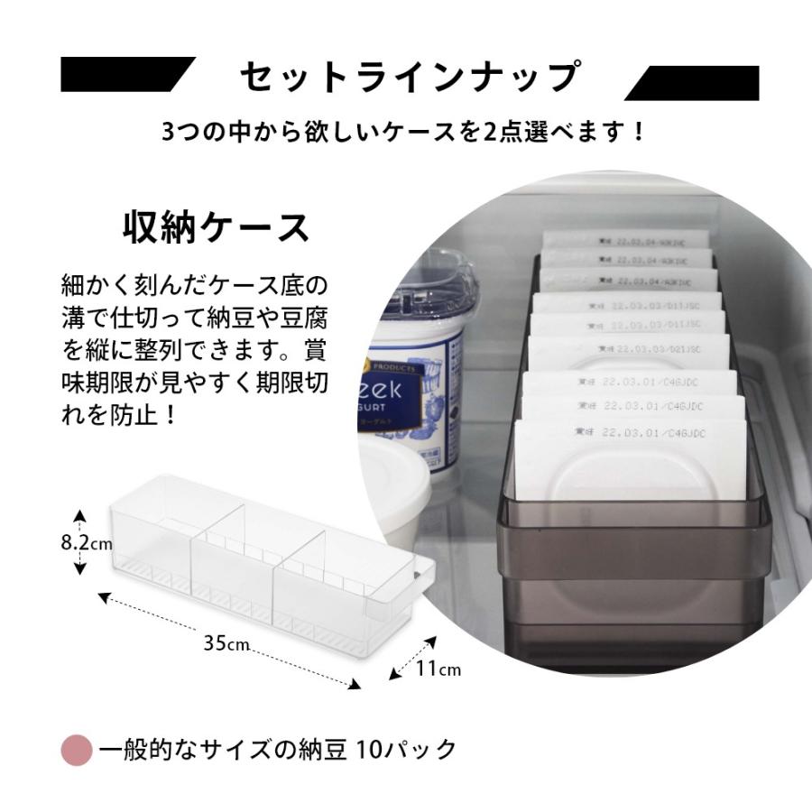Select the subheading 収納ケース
(x=216, y=227)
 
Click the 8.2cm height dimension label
(x=87, y=543)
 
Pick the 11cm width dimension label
(x=439, y=669)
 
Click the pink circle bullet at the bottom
(x=77, y=750)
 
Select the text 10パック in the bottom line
(x=406, y=750)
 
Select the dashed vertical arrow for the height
(x=80, y=542)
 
